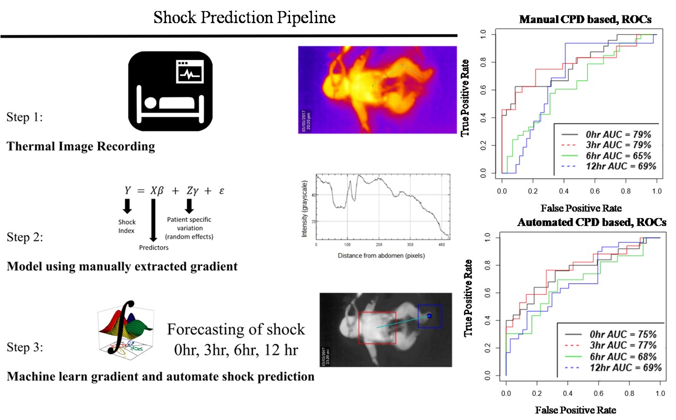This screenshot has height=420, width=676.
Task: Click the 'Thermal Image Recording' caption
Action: [x=80, y=147]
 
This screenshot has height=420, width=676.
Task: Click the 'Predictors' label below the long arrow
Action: [x=154, y=247]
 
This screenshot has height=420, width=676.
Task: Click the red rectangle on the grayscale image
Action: [x=377, y=327]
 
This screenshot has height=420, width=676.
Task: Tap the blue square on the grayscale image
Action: [x=430, y=316]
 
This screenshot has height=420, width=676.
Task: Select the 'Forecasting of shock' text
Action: [x=235, y=329]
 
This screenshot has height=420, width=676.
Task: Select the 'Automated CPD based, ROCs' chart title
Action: [x=592, y=223]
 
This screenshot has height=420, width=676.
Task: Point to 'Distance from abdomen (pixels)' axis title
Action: [x=381, y=256]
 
